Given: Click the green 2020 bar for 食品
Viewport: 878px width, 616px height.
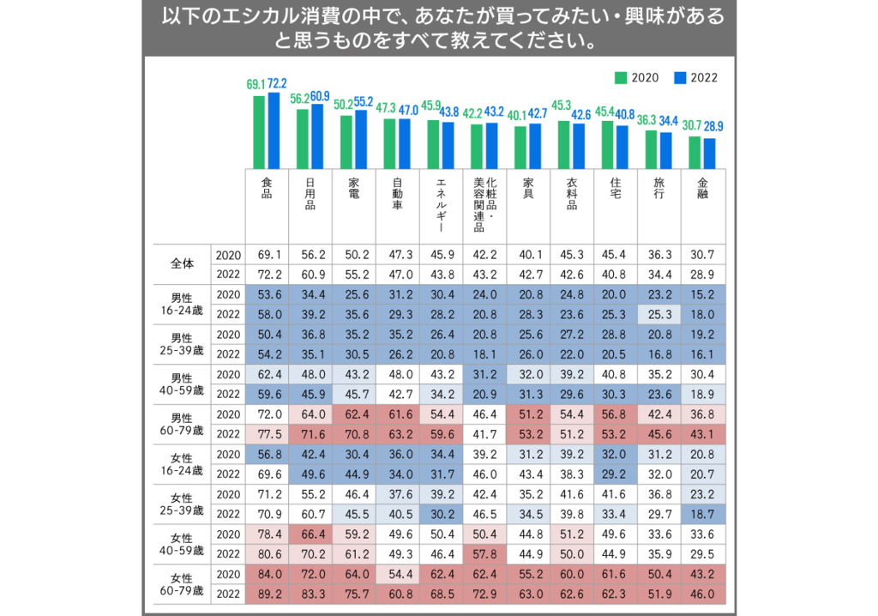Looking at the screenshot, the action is point(259,132).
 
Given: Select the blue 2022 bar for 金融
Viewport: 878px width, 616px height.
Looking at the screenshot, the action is point(709,154).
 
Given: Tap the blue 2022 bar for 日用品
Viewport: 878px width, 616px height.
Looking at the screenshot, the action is point(317,136).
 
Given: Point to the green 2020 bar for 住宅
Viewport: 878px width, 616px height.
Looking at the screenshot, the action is point(608,145).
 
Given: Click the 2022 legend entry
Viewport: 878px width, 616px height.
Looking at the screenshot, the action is point(696,78).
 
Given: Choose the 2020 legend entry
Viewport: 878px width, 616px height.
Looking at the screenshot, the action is point(637,78).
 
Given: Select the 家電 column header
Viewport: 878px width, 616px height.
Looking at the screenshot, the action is point(354,189).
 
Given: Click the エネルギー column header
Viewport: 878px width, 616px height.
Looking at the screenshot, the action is point(442,205).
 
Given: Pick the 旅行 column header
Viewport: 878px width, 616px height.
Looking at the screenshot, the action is point(659,189).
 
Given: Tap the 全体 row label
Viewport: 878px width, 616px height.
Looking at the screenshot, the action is point(183,263).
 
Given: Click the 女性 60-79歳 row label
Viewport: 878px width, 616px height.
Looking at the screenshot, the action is point(182,584).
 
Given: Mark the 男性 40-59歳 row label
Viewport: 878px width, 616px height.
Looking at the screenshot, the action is point(182,384).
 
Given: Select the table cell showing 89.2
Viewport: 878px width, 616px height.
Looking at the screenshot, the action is point(269,595).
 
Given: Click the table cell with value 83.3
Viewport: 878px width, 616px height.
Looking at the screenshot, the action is point(313,595).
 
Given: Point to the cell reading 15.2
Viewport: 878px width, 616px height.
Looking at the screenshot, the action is point(702,294).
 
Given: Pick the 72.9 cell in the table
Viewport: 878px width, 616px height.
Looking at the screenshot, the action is point(484,595).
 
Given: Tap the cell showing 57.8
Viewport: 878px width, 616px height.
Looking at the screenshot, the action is point(484,554).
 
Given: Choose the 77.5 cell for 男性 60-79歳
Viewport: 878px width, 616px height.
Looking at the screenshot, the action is point(269,434).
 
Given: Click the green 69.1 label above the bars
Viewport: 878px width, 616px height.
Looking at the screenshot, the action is point(256,85).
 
